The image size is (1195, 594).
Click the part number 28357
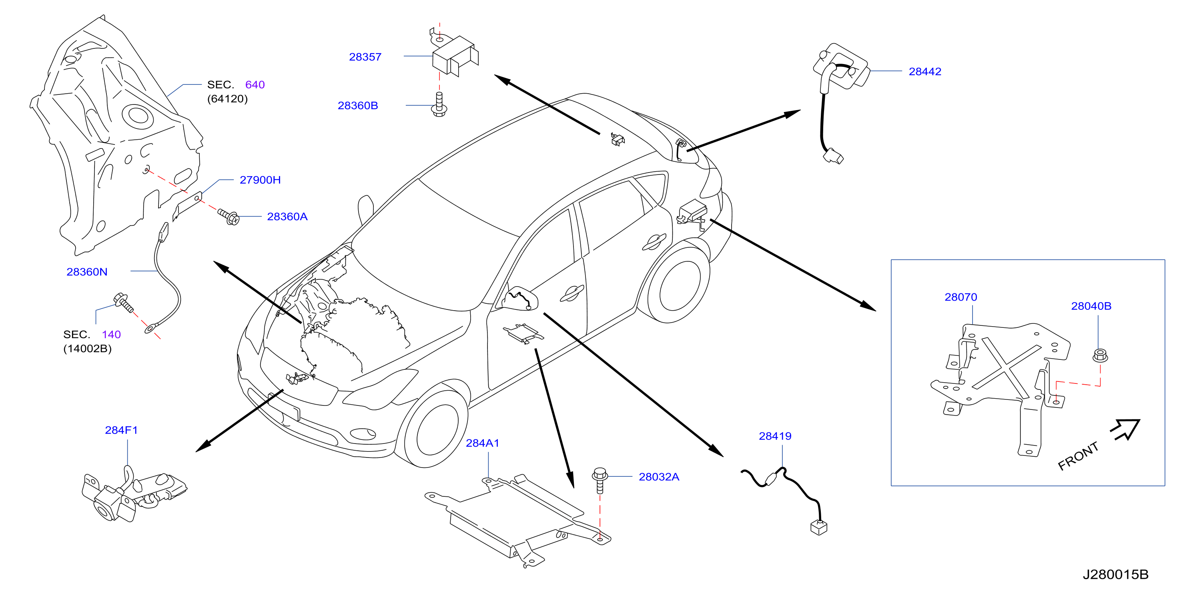pos(365,57)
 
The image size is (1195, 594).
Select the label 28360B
pos(358,106)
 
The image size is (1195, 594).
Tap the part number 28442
pos(925,72)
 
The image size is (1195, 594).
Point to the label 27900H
pos(260,180)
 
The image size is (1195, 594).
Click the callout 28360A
pos(287,217)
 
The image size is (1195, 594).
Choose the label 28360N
pos(87,272)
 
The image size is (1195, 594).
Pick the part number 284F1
pos(122,430)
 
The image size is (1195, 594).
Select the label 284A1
pos(483,443)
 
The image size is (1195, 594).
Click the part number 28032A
pos(659,477)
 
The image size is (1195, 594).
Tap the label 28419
pos(775,436)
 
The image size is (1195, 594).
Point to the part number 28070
pos(961,297)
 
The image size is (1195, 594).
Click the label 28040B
pos(1091,306)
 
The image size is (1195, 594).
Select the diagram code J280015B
pos(1115,574)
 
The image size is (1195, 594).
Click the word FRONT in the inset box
pos(1078,456)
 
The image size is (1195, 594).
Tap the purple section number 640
pos(255,85)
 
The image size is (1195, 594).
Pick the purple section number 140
pos(111,335)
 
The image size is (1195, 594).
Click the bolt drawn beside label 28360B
pos(439,105)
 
